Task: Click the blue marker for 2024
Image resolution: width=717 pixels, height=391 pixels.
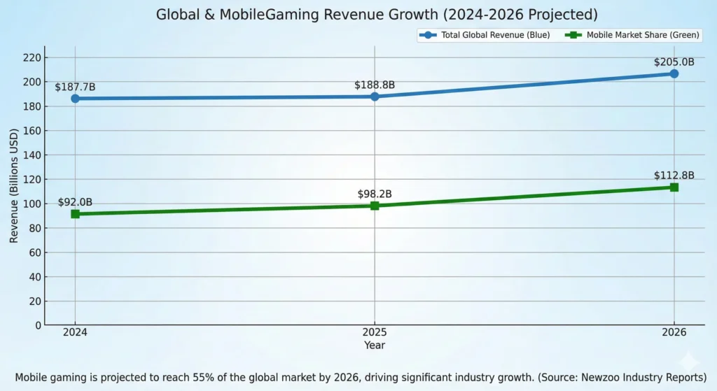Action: click(x=75, y=99)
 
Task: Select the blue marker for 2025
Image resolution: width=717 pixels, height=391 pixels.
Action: click(x=375, y=96)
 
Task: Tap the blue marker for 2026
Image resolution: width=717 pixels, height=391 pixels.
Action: click(x=674, y=73)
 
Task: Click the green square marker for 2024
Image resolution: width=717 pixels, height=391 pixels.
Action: click(x=75, y=213)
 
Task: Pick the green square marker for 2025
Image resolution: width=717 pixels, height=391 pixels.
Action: click(x=375, y=206)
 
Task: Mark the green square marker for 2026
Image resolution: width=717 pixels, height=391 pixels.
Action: click(x=674, y=187)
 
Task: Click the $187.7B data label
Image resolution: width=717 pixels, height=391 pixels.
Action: click(x=75, y=87)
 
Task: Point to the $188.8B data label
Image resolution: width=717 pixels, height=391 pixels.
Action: click(x=375, y=85)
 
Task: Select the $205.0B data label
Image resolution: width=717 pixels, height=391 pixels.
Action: click(x=674, y=62)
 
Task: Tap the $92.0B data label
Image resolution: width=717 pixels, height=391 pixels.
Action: click(x=75, y=202)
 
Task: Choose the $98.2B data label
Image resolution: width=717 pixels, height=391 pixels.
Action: click(x=375, y=194)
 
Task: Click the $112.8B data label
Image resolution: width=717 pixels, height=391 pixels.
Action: click(x=674, y=176)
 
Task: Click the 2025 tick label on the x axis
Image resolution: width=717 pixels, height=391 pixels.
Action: click(x=375, y=333)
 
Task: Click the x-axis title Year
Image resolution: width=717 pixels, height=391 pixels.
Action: click(x=375, y=345)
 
